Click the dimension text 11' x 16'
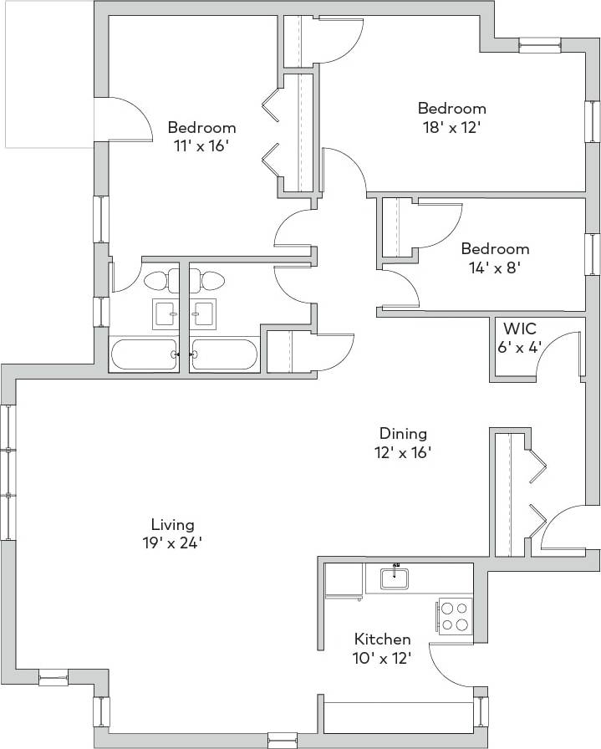click(x=201, y=146)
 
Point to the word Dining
click(x=403, y=433)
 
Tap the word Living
click(x=172, y=524)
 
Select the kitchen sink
click(x=394, y=577)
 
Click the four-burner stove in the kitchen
click(x=455, y=617)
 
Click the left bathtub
click(x=143, y=354)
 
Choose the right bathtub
click(x=224, y=354)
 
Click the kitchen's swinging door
click(x=451, y=665)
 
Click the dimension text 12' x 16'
click(x=403, y=452)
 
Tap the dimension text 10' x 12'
click(x=381, y=658)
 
